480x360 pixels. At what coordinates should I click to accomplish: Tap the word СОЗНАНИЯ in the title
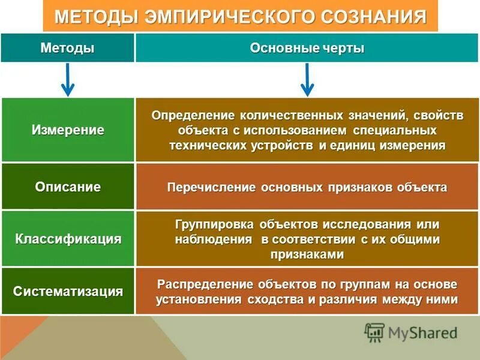click(x=372, y=16)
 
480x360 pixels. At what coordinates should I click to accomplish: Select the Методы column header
click(x=67, y=49)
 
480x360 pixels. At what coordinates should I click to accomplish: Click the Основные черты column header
click(x=307, y=49)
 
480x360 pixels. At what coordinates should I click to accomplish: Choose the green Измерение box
click(x=68, y=130)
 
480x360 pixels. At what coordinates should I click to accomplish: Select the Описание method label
click(x=68, y=187)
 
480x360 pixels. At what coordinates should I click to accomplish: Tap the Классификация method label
click(x=68, y=239)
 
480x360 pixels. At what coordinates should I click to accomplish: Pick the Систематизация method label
click(x=68, y=292)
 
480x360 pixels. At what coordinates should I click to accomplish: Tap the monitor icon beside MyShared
click(x=374, y=332)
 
